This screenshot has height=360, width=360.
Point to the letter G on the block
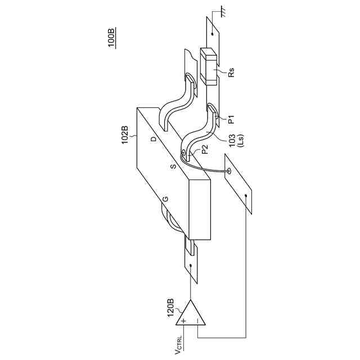tap(165, 200)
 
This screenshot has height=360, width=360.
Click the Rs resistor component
tap(209, 67)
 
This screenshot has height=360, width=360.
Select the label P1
tap(230, 119)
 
